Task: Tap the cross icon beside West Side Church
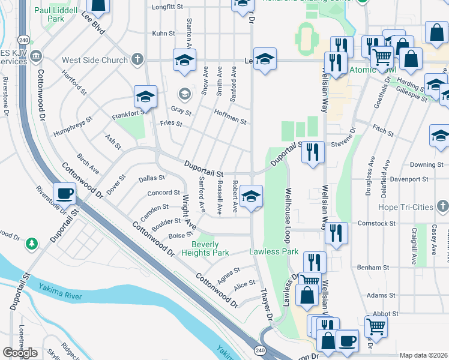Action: tap(137, 60)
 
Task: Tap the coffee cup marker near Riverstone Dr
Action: tap(65, 194)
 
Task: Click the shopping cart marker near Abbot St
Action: tap(376, 326)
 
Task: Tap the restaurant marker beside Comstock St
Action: tap(336, 232)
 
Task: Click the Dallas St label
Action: tap(152, 178)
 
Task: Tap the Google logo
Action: tap(20, 353)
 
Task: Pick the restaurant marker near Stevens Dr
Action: tap(313, 152)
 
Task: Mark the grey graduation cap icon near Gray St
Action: tap(184, 94)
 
